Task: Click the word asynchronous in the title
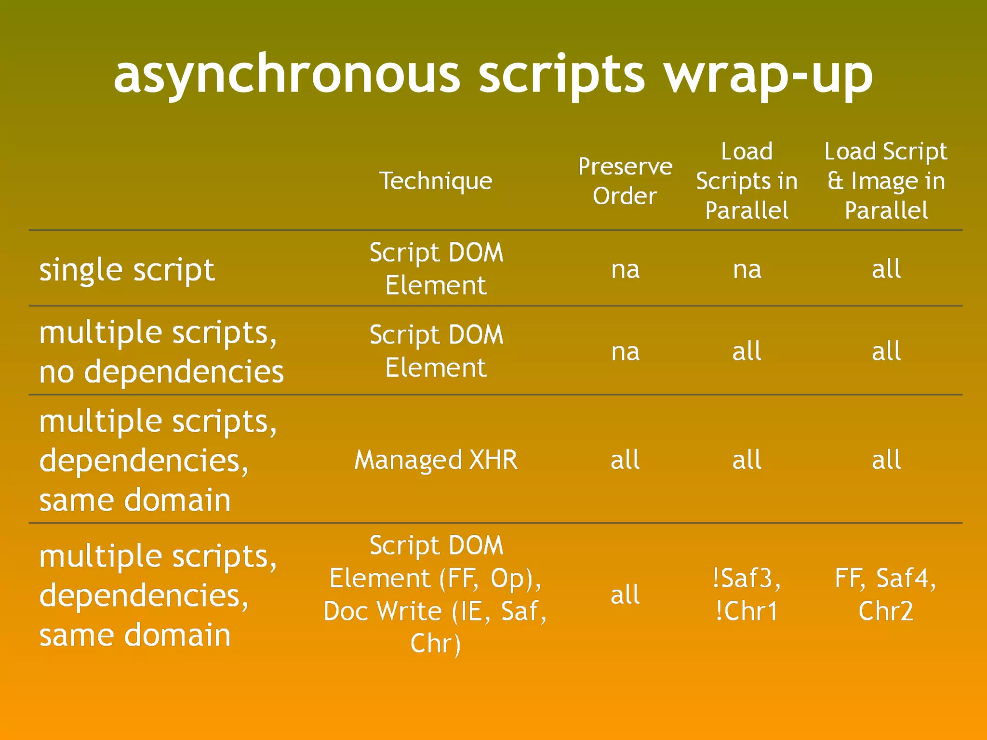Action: click(x=287, y=75)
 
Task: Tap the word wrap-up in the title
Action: click(x=769, y=75)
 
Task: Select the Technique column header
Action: click(x=436, y=181)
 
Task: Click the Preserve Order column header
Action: click(x=625, y=181)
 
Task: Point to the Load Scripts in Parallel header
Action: click(x=747, y=181)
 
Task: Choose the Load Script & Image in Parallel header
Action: click(x=886, y=181)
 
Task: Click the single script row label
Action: click(x=127, y=270)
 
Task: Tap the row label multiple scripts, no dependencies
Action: click(x=161, y=352)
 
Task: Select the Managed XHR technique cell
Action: click(x=436, y=460)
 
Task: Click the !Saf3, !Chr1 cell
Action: click(x=747, y=595)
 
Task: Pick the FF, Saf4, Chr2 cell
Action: click(x=886, y=595)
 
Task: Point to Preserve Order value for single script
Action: click(x=625, y=270)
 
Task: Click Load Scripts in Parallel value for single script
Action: click(x=747, y=270)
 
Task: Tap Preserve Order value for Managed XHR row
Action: click(x=625, y=460)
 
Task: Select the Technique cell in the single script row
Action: click(x=436, y=269)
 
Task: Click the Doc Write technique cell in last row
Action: click(x=436, y=595)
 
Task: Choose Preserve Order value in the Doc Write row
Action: click(x=625, y=595)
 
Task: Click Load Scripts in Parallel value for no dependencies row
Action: click(x=747, y=352)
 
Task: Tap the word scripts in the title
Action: click(x=561, y=75)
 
